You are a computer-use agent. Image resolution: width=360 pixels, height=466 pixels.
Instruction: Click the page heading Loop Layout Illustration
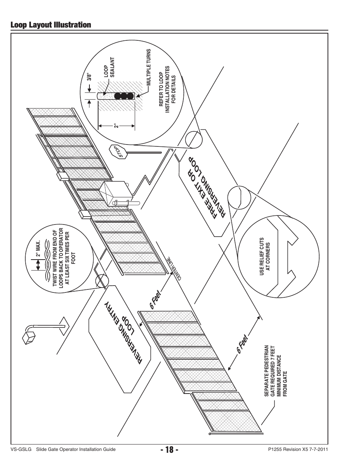[51, 25]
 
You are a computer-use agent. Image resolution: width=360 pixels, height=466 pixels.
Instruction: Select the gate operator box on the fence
[115, 194]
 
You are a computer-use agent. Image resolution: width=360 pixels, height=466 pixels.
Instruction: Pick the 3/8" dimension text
[89, 77]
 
